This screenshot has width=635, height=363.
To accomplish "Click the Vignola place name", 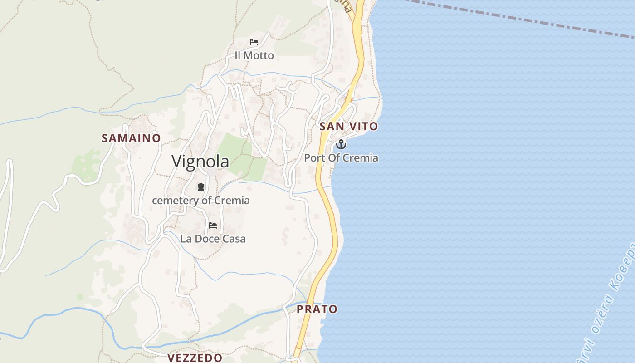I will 200,162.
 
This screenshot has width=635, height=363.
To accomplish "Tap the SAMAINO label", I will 131,138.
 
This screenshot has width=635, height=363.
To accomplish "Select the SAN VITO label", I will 349,127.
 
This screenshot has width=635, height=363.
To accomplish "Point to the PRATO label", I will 317,309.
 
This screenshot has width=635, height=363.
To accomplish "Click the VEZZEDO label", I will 195,358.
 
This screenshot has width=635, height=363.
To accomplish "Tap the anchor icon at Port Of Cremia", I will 341,145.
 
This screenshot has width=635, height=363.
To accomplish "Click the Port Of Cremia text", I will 341,158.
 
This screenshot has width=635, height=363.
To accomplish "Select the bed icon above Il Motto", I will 254,42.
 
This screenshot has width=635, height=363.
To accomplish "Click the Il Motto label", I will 254,55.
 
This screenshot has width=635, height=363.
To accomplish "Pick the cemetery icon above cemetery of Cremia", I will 201,186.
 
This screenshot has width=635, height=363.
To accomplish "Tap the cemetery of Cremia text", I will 201,200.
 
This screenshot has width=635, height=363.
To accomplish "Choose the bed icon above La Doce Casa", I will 213,225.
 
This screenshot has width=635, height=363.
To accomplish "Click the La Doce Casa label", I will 213,239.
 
